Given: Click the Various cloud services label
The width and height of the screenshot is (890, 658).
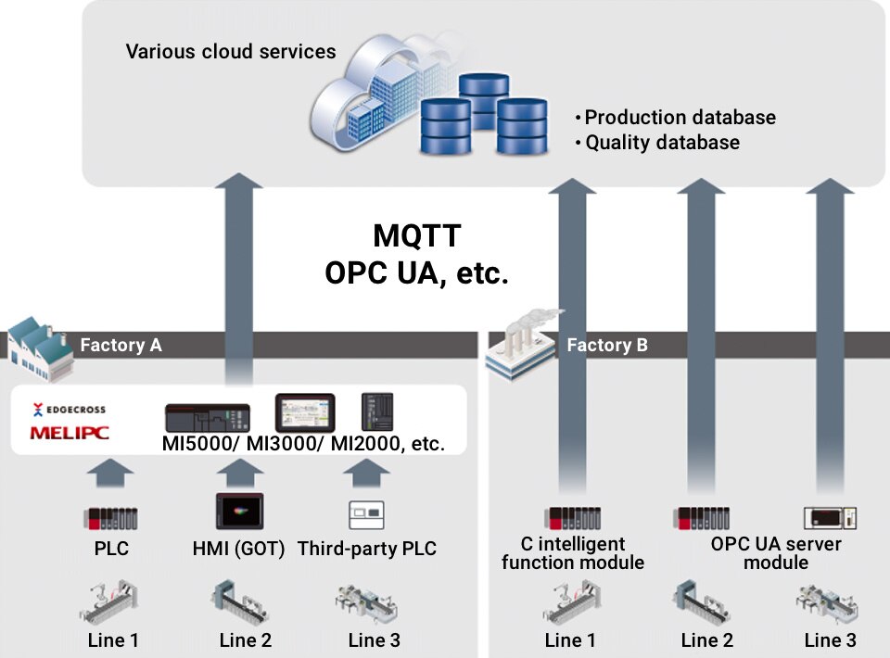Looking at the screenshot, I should pos(231,51).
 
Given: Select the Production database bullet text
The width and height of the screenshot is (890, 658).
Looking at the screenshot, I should pos(680,118).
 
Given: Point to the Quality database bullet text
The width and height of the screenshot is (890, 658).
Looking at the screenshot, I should pos(662,143).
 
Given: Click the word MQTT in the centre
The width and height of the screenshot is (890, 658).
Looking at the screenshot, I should pos(416,236).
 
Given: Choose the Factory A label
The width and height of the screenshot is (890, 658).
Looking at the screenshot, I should pos(121,346).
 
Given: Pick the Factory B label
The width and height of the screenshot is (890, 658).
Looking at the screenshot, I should pos(607,346).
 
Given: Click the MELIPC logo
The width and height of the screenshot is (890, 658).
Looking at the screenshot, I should pos(70,432).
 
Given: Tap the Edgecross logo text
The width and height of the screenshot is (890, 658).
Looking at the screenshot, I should pos(70,409).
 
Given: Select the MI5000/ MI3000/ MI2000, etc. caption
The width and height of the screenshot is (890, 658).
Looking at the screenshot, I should pos(303,444).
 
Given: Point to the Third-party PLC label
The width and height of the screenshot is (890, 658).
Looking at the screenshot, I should pos(366,549).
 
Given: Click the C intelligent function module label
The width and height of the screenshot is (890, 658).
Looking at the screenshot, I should pos(572,553).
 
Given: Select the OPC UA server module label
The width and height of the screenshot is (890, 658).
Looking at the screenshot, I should pos(776,553).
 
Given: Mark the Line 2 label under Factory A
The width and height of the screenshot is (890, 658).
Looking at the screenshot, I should pos(246,639).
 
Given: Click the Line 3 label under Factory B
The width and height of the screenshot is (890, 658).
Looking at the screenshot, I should pos(830,639).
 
